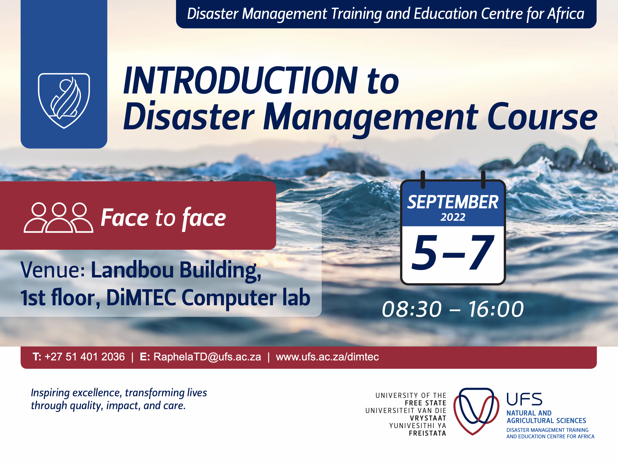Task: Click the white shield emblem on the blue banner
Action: point(64,101)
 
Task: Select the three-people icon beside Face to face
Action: point(58,218)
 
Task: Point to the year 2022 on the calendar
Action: point(453,217)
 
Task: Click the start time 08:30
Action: point(412,309)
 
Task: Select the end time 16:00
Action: point(496,309)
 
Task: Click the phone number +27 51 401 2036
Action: point(85,357)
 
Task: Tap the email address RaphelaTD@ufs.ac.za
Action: point(207,357)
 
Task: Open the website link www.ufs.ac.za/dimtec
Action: point(327,357)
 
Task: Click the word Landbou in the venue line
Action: point(132,270)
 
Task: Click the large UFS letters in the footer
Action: point(524,399)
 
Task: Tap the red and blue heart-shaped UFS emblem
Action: point(476,411)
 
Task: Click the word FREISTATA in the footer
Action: point(427,433)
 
